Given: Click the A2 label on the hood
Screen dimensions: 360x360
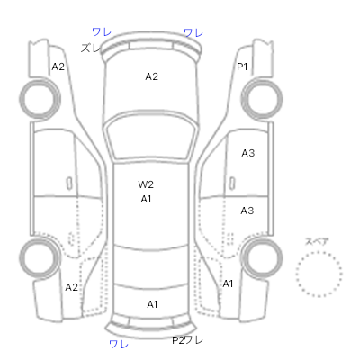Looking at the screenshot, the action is coord(151,76).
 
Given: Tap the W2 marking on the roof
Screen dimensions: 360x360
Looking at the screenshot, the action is coord(146,184).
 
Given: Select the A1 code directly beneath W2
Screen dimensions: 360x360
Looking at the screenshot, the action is coord(146,199).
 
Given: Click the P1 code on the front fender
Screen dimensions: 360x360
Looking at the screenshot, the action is coord(242,67).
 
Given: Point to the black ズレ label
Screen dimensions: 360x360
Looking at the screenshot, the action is coord(91,48).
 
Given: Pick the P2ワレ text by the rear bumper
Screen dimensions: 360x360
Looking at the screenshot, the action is coord(187,340).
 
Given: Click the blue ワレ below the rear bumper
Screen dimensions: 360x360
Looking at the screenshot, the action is coord(119,344).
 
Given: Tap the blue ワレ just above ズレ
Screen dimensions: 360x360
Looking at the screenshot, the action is coord(102,31).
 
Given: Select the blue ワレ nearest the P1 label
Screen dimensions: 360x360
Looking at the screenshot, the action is coord(193,32).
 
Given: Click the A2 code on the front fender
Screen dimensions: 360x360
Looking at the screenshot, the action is coord(58,67).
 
